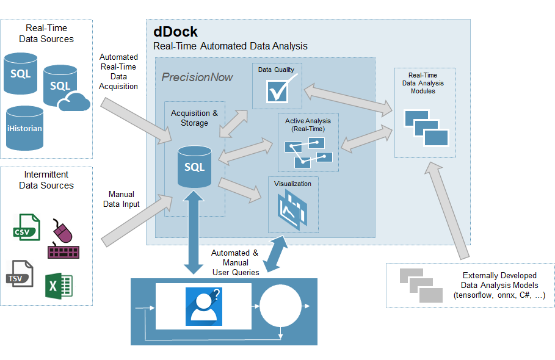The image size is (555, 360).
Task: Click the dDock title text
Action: [x=176, y=32]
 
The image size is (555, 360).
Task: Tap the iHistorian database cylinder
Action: [x=24, y=128]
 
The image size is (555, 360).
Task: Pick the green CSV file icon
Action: [x=27, y=227]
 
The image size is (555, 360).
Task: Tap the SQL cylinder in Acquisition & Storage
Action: [x=194, y=167]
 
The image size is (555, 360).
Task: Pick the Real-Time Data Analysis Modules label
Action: [x=423, y=83]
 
